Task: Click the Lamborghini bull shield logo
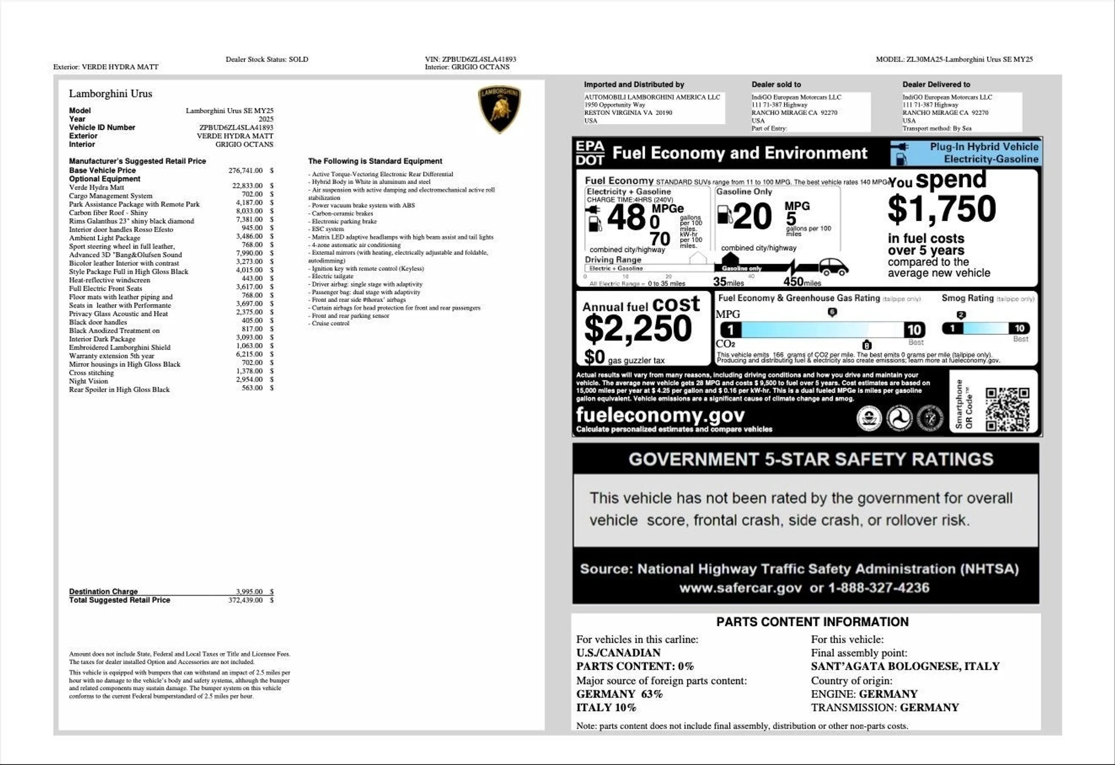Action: click(x=499, y=109)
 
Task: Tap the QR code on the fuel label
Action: click(x=1007, y=410)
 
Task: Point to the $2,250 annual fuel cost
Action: click(x=637, y=329)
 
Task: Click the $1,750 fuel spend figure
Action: click(x=941, y=209)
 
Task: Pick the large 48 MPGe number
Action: click(x=626, y=218)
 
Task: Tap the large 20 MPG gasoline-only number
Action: click(x=753, y=217)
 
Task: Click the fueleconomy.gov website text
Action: click(x=660, y=416)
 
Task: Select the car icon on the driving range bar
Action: click(x=833, y=267)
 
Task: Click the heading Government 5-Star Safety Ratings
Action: click(x=811, y=459)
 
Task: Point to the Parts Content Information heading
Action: click(x=812, y=622)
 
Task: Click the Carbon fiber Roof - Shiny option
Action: click(x=109, y=213)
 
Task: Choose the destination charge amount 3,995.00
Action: click(x=249, y=591)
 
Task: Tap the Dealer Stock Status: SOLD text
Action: click(x=267, y=59)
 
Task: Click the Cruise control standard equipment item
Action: click(x=330, y=323)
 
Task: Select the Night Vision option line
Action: click(x=88, y=381)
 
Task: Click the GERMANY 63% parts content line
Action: click(x=619, y=694)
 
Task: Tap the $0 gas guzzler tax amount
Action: click(x=594, y=357)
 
